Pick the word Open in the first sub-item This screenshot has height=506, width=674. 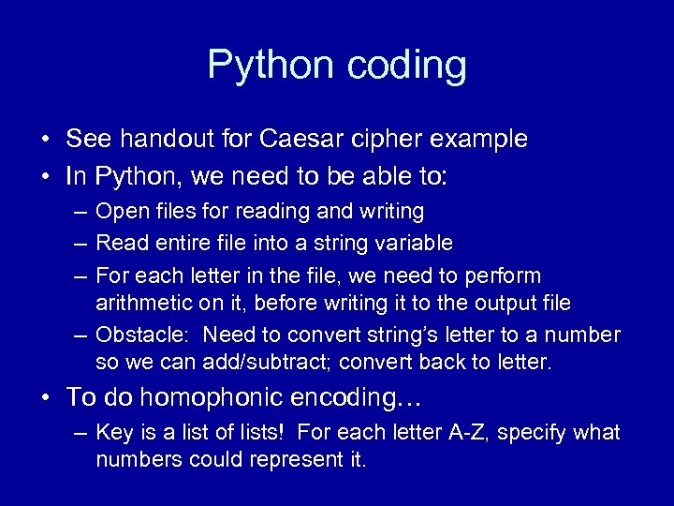119,212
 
